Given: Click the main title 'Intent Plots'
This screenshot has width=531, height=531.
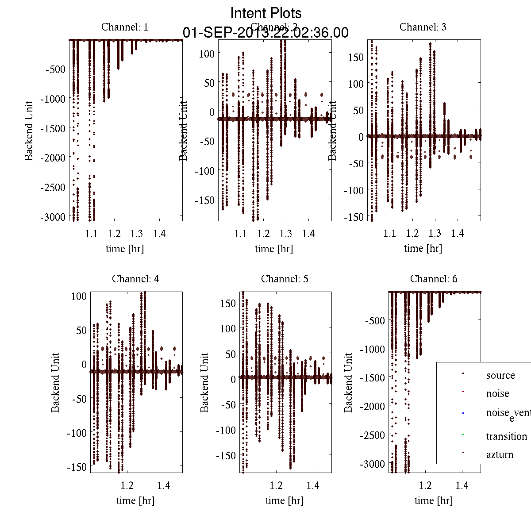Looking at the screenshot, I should coord(266,13).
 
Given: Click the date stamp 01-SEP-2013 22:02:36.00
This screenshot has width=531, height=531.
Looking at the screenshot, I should coord(265,33).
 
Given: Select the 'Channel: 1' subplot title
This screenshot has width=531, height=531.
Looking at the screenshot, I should coord(125,27).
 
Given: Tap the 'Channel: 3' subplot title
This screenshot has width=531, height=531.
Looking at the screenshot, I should coord(423,27).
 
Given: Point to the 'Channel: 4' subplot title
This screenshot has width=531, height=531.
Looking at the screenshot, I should coord(135,279).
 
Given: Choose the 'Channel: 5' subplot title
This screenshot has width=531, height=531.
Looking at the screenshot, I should coord(285,279).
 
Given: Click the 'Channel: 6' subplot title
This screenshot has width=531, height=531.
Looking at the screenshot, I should coord(434,279).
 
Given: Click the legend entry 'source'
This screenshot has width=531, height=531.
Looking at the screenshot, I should coord(500,375).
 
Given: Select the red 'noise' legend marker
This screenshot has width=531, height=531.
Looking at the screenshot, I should coord(462,392).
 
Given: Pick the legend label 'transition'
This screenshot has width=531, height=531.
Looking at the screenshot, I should coord(506,436).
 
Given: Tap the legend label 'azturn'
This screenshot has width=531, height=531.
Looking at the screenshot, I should coord(500,454).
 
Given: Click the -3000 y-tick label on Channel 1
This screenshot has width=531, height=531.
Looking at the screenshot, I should coord(53,217).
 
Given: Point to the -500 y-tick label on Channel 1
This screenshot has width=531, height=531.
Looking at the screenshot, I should coord(55,69).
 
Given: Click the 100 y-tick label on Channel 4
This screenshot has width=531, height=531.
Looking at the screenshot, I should coord(79,296).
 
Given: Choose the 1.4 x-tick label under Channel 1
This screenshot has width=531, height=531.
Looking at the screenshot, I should coord(159,233).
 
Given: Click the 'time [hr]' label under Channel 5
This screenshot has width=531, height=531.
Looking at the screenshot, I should coord(285,500).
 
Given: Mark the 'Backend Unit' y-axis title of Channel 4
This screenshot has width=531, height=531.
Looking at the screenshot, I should coord(55,382).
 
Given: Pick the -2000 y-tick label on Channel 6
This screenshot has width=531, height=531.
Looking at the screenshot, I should coord(373,406).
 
